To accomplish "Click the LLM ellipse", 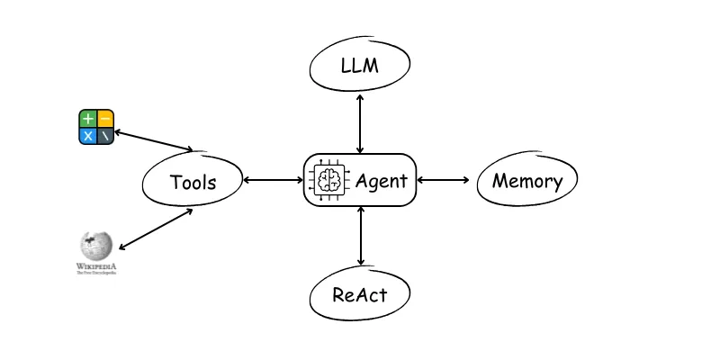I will [x=360, y=66].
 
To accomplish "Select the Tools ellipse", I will [x=193, y=182].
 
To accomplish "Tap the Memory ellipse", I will [x=526, y=180].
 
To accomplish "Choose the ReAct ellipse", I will [x=360, y=294].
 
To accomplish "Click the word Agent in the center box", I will [x=381, y=180].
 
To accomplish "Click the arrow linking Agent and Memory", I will [x=444, y=180].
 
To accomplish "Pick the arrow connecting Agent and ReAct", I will [x=360, y=238].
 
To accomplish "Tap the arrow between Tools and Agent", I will [x=274, y=180].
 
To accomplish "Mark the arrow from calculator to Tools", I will [x=154, y=140].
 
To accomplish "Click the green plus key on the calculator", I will [x=87, y=119].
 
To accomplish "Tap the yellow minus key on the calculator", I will [x=105, y=119].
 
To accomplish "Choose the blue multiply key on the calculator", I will [x=87, y=136].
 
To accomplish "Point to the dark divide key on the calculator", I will [x=105, y=136].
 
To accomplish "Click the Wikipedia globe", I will [x=96, y=246].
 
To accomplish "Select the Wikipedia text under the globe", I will [x=96, y=267].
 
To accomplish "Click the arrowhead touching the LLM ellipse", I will [x=360, y=94].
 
